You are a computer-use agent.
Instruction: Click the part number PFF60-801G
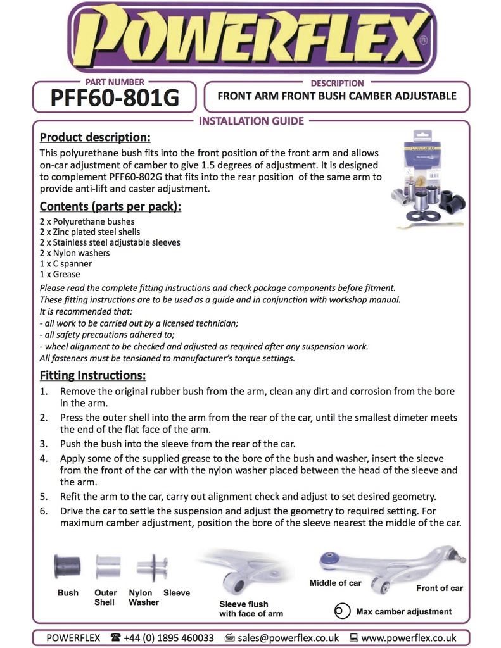114,98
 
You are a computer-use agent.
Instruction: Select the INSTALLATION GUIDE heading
251,121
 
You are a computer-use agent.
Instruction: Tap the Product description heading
95,137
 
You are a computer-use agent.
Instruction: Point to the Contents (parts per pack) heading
110,206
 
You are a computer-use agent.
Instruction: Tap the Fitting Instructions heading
92,375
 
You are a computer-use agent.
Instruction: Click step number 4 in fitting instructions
44,458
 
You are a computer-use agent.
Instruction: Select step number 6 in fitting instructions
44,510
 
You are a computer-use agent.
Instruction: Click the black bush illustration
67,565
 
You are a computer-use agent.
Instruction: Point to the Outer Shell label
106,597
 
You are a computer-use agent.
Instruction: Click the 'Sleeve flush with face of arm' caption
251,609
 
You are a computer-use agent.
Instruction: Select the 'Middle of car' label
335,582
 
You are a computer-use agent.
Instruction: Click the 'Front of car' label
439,588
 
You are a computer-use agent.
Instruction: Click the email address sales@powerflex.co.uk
288,637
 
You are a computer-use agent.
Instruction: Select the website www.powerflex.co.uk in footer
409,637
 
